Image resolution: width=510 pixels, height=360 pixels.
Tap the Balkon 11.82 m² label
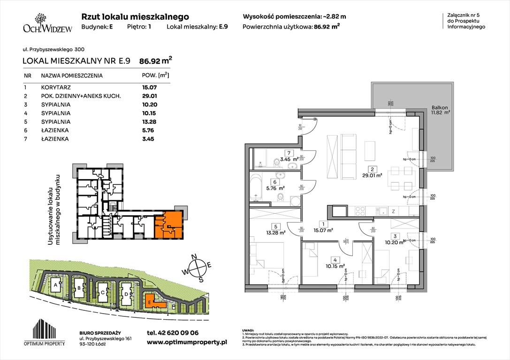coord(441,110)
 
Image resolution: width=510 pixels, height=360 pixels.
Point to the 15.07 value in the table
coord(149,87)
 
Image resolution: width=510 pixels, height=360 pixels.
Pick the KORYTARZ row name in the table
coord(55,87)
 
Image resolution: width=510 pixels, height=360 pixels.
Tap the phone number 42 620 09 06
coord(173,332)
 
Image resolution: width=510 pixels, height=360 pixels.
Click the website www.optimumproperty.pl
coord(187,343)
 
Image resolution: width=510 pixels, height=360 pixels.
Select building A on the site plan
coord(56,285)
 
